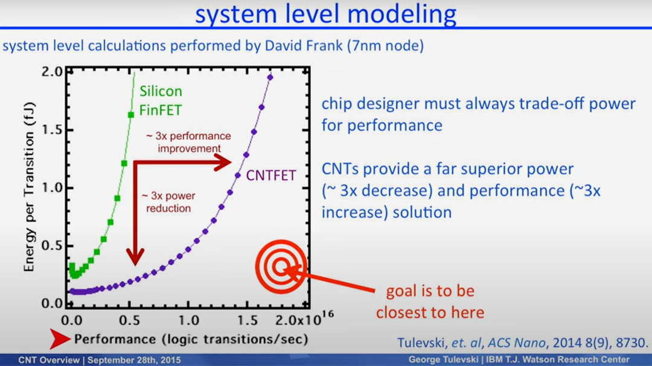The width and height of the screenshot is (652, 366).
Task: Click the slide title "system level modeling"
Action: (x=325, y=14)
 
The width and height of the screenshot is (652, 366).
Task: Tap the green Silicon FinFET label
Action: (x=161, y=101)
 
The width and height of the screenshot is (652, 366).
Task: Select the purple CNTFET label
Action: (x=271, y=175)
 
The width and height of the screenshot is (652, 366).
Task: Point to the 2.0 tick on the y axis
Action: (x=51, y=72)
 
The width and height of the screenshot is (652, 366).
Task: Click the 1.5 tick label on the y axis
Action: (x=51, y=130)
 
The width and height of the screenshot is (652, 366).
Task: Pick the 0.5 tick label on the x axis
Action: (x=130, y=320)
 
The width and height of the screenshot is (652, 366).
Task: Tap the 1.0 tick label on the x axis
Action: (x=188, y=320)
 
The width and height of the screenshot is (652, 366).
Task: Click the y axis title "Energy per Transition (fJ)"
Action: (x=29, y=187)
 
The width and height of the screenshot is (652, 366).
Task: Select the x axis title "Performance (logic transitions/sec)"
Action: (x=191, y=339)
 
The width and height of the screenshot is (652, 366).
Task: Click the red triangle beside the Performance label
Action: (x=59, y=339)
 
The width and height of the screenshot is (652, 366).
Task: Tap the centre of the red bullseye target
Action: (x=281, y=267)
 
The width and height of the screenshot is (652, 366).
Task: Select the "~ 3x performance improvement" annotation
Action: (x=189, y=142)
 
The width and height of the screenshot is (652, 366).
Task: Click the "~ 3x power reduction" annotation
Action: (x=168, y=202)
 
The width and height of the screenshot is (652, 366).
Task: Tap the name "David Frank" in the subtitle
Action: (x=304, y=45)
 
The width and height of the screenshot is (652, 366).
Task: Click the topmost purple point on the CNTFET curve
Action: (x=270, y=77)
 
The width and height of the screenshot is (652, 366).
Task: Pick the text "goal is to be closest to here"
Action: (x=430, y=301)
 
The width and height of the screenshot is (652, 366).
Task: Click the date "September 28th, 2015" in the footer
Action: (x=134, y=360)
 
